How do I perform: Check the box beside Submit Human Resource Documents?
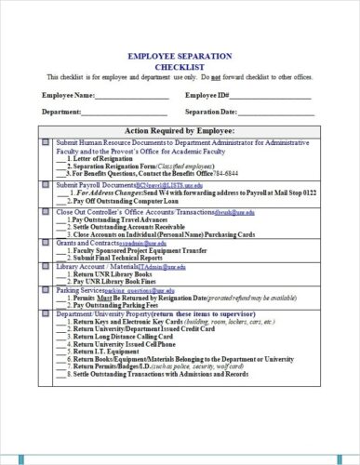[47, 142]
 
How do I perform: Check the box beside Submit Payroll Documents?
[47, 186]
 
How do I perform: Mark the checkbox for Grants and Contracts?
[47, 243]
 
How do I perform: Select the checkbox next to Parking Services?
[47, 289]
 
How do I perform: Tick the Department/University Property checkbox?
[47, 314]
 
